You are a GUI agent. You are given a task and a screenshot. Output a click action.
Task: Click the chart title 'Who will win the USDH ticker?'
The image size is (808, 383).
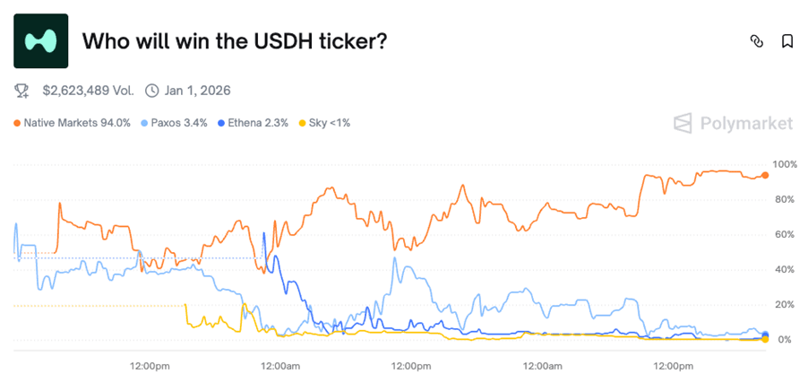tap(235, 41)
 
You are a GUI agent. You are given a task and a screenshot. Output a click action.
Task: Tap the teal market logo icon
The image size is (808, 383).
tap(41, 41)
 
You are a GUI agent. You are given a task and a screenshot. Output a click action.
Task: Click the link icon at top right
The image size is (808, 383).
tap(756, 41)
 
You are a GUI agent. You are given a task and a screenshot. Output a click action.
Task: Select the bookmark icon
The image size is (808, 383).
tap(787, 41)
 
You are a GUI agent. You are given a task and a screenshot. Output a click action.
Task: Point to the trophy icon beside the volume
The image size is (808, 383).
tap(22, 91)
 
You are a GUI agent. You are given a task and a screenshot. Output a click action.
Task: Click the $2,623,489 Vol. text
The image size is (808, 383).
tap(88, 91)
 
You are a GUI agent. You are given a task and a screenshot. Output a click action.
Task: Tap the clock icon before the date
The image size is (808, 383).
tap(151, 91)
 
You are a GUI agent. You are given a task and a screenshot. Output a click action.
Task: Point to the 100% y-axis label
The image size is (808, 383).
tap(784, 164)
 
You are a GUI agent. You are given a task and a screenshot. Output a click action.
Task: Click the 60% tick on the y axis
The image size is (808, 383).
tap(786, 234)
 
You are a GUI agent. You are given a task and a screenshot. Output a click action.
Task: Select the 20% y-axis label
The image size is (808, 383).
tap(786, 304)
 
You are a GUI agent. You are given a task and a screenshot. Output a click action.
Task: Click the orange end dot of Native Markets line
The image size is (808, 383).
tap(764, 176)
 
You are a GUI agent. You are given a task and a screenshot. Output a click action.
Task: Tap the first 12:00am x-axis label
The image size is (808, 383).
tap(279, 365)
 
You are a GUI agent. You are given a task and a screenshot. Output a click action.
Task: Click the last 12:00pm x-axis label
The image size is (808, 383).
tap(673, 365)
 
